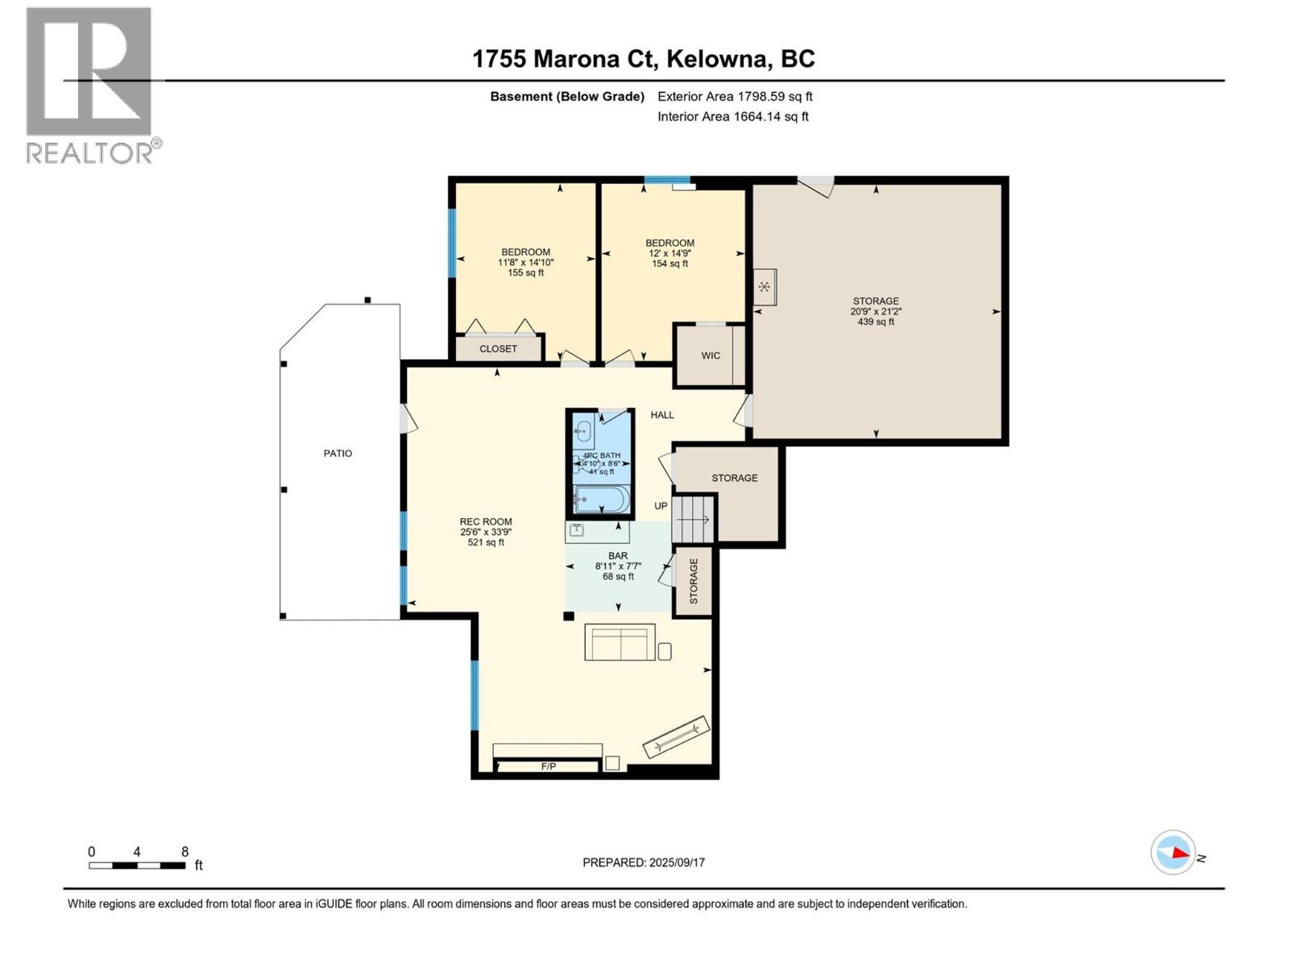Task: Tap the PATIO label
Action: point(338,454)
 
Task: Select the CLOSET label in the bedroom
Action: point(498,349)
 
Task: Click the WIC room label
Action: point(711,355)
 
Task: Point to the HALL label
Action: point(662,415)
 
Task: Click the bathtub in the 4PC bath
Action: point(601,500)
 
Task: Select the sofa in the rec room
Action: point(619,643)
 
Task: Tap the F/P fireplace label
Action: point(548,766)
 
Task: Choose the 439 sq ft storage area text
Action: point(876,322)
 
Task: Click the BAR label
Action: point(618,556)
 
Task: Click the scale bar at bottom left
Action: point(137,865)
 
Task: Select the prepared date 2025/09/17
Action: point(676,862)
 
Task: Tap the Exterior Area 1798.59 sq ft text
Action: point(735,97)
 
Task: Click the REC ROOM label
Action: point(486,522)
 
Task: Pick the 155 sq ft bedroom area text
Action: point(525,272)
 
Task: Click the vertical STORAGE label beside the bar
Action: point(694,581)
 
